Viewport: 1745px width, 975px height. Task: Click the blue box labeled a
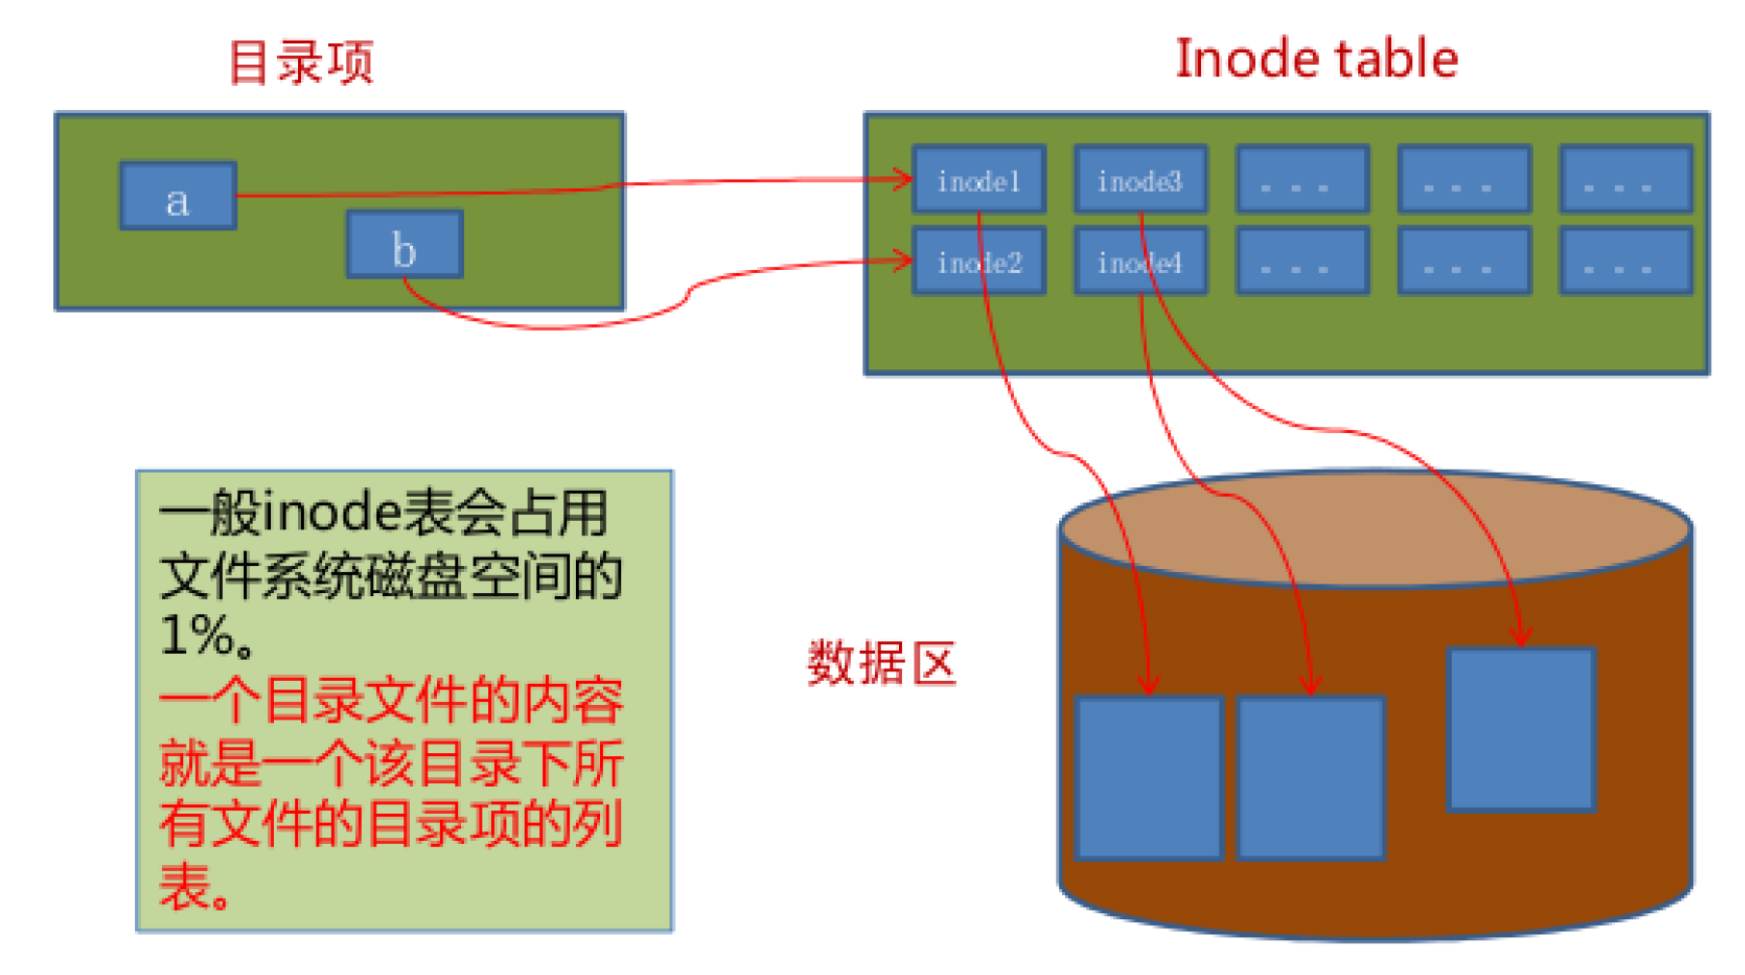coord(177,196)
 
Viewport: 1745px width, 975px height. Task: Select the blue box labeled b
coord(404,245)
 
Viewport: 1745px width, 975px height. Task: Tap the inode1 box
coord(978,179)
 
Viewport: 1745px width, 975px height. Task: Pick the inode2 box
coord(978,261)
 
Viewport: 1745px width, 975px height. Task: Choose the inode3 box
coord(1139,179)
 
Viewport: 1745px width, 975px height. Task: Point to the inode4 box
coord(1139,261)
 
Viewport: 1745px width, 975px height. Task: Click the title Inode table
coord(1316,59)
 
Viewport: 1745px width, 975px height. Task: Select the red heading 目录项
coord(300,64)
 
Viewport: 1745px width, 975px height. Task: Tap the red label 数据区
coord(881,664)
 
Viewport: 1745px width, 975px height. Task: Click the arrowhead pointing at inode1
coord(903,178)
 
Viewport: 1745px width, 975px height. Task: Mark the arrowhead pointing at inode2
coord(903,259)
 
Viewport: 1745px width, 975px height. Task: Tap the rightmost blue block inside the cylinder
coord(1521,730)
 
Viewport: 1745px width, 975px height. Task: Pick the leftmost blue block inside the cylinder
coord(1148,777)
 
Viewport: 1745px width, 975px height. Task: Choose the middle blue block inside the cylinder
coord(1310,777)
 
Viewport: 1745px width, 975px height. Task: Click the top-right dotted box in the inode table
coord(1625,179)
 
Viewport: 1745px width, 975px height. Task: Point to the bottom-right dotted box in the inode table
coord(1625,261)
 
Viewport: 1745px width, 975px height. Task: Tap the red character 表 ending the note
coord(185,888)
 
